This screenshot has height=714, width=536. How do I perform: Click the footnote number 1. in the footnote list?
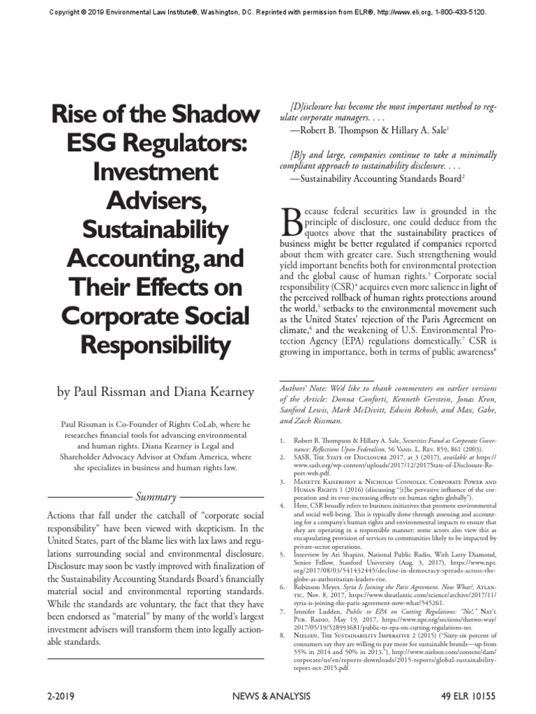[283, 441]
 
